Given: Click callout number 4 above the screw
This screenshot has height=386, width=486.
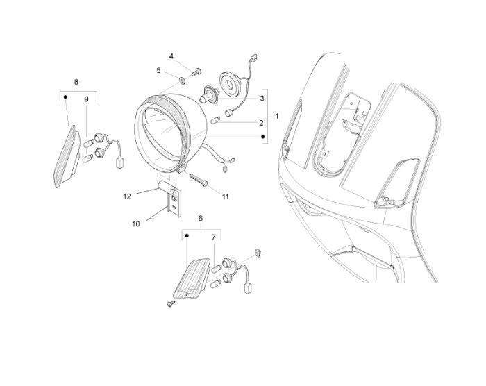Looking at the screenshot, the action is (171, 56).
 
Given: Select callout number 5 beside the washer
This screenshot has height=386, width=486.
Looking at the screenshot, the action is (159, 70).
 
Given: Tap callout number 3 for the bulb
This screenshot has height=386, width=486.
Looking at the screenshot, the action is (262, 99).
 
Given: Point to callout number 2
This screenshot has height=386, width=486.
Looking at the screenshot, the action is (261, 123).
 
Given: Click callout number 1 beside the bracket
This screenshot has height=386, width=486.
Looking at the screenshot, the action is (277, 116).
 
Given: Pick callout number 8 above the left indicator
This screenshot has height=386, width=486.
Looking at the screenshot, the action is (76, 82).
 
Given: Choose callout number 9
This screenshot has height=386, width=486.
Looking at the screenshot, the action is (87, 99).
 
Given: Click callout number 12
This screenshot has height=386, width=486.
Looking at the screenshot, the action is (127, 196).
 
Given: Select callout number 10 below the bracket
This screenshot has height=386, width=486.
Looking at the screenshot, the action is (136, 224).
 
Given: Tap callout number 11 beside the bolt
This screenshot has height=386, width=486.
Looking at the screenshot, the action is (226, 196).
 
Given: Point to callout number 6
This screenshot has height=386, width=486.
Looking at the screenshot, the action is (201, 218).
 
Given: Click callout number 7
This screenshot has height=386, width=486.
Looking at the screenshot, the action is (214, 237).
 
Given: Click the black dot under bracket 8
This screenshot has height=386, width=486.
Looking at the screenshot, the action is (65, 97).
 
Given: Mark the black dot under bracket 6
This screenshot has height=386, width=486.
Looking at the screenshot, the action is (187, 236).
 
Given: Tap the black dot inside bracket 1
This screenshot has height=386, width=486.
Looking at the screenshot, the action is (262, 136).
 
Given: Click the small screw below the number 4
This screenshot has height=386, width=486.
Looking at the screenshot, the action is (196, 73).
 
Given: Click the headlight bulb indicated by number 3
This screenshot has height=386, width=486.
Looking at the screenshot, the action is (208, 94).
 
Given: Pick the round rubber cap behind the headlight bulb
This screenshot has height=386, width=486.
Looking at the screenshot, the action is (230, 83).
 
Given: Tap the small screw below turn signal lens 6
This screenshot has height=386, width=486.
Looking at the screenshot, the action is (171, 303).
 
